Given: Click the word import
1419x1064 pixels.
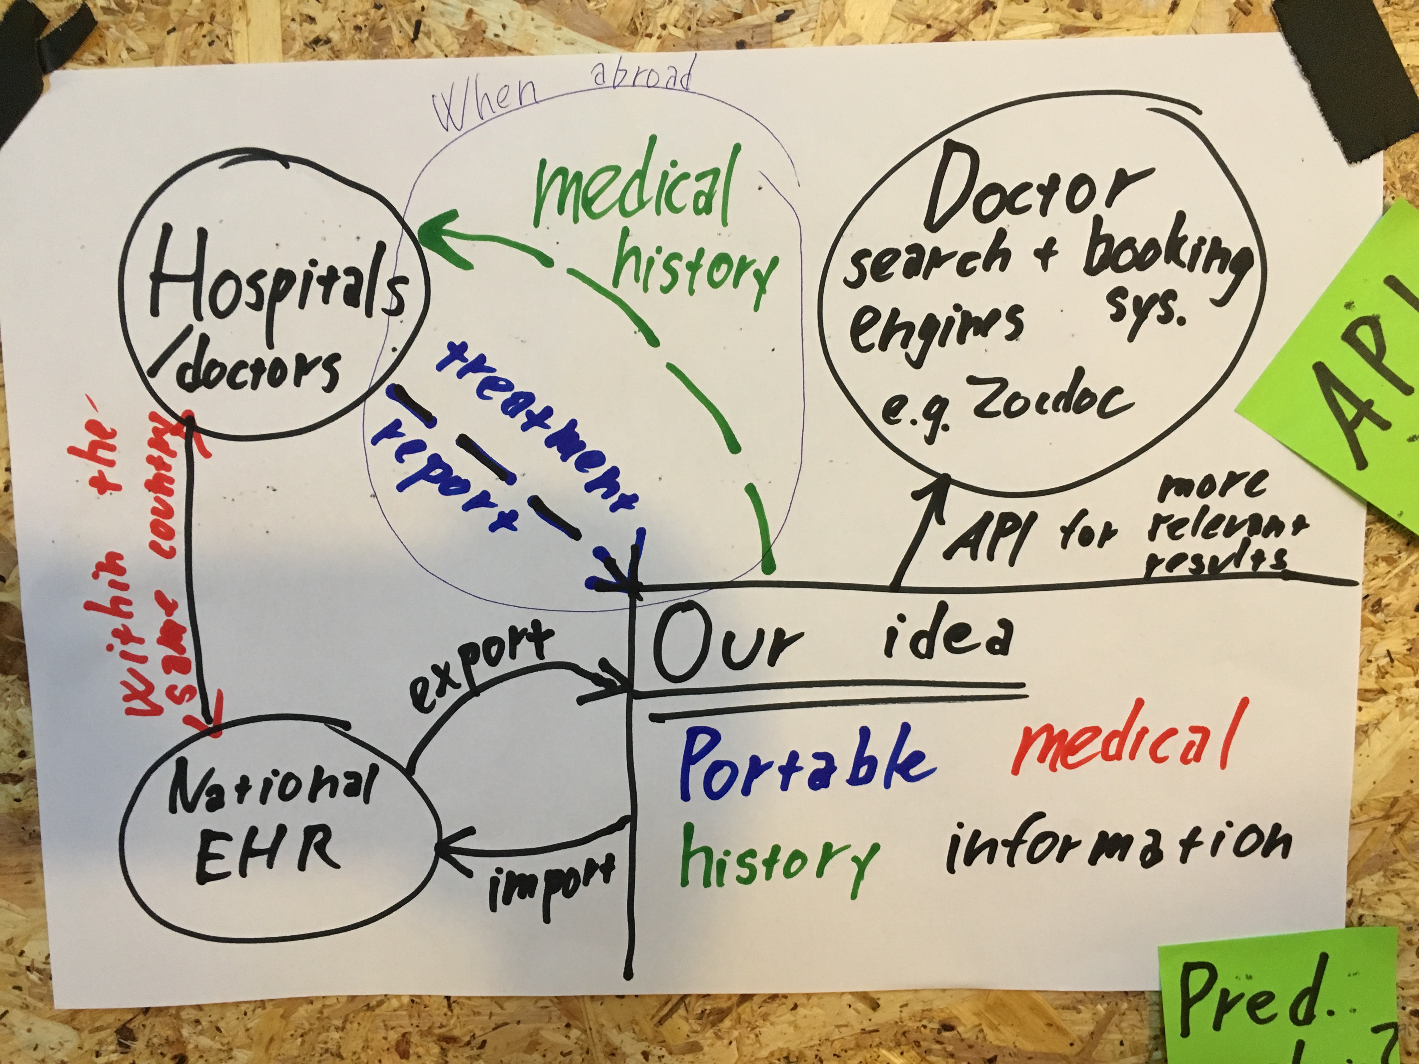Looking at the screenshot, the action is click(x=550, y=884).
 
